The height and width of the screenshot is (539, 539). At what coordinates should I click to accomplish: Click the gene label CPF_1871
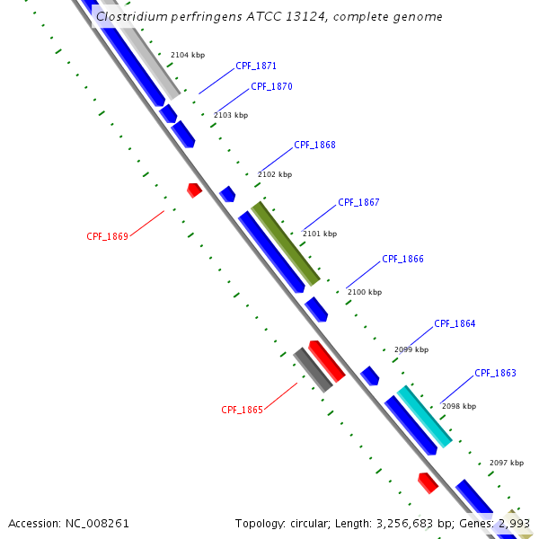pos(255,66)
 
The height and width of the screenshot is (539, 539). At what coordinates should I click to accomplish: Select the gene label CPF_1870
pos(271,87)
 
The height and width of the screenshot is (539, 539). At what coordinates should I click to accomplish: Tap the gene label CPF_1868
pos(314,146)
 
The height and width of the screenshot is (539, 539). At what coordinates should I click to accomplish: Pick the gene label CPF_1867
pos(358,203)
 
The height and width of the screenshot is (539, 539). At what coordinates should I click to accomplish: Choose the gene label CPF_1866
pos(402,260)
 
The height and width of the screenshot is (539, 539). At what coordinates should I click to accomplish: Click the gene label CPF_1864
pos(455,324)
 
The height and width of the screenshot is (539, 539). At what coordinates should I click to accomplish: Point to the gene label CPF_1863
pos(495,374)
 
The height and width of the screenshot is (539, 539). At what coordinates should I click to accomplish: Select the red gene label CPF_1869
pos(107,237)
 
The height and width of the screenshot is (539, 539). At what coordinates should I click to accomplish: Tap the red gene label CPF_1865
pos(242,411)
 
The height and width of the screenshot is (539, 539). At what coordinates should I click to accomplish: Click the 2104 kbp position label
pos(188,56)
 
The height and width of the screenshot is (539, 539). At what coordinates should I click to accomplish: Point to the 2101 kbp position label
pos(320,234)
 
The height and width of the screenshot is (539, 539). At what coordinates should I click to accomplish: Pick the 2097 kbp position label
pos(507,464)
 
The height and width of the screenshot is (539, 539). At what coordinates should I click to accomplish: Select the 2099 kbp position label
pos(411,350)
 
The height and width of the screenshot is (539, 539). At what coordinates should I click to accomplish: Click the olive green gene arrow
pos(286,243)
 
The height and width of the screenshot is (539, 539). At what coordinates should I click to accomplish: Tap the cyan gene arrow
pos(424,417)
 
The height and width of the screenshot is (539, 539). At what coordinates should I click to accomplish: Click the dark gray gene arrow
pos(314,370)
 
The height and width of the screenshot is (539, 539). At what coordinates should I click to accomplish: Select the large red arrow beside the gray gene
pos(327,361)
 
